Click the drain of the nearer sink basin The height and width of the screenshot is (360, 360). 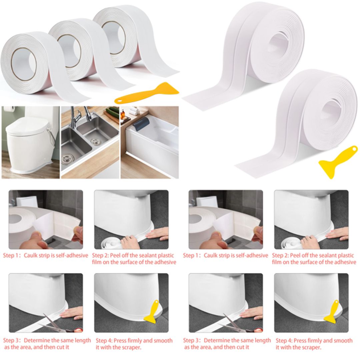(68, 157)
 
